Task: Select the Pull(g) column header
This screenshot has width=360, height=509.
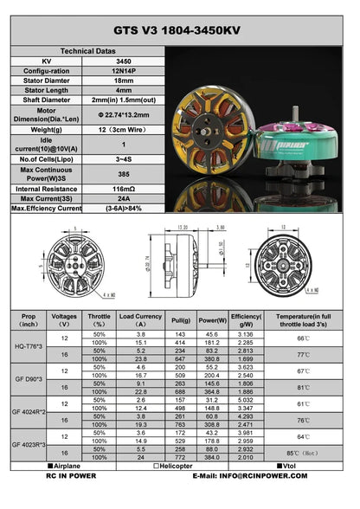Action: point(183,320)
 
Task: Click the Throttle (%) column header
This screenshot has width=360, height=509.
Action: point(100,320)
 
